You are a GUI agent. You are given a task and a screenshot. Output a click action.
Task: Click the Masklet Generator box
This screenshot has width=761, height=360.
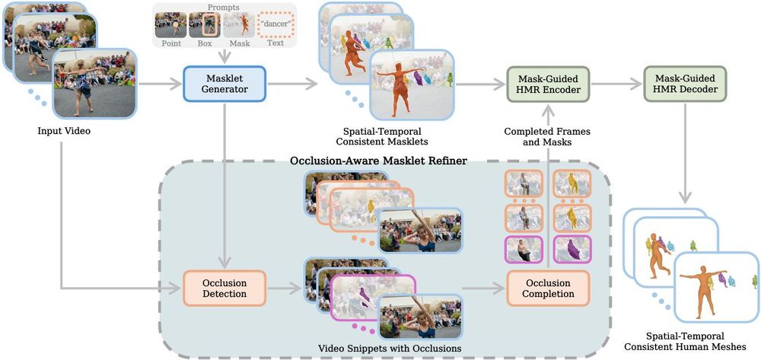[224, 85]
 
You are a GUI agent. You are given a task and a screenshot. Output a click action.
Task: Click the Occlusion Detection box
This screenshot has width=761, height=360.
[224, 288]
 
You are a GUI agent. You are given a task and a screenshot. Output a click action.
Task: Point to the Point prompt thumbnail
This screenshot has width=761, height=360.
[170, 24]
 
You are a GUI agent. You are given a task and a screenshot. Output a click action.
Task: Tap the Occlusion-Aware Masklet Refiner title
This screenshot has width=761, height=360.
[378, 161]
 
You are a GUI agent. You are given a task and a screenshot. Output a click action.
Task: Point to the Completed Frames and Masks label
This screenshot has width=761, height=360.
[546, 137]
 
